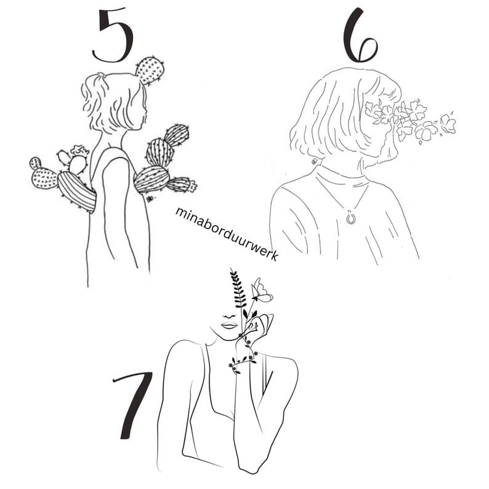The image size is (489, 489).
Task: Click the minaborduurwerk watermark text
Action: [227, 233]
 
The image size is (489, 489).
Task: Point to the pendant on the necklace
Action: [352, 217]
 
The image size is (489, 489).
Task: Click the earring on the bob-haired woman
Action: [314, 161]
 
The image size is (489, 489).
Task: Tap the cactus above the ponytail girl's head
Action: [150, 71]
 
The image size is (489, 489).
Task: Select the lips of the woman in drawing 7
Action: [230, 326]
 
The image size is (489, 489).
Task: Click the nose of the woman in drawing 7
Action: [230, 315]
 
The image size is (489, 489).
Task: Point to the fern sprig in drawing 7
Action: [238, 290]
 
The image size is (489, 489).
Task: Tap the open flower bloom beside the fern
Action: [261, 291]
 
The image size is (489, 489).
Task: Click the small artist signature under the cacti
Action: [152, 198]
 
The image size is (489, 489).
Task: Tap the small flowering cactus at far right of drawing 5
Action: [182, 185]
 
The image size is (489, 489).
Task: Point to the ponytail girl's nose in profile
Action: [145, 110]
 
